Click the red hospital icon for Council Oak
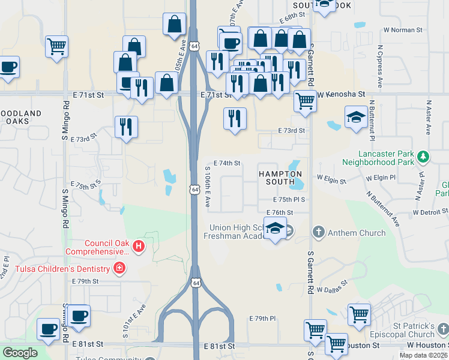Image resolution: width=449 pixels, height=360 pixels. click(x=139, y=246)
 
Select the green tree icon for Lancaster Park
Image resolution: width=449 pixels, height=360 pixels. click(x=424, y=157)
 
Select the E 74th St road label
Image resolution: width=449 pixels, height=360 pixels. click(x=228, y=163)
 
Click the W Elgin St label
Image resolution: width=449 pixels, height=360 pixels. click(x=331, y=179)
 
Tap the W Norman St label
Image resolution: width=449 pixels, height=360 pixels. click(x=403, y=29)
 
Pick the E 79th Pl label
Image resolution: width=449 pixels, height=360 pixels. click(x=262, y=319)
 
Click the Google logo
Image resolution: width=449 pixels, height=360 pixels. click(x=20, y=353)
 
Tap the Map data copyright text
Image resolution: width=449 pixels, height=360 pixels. click(x=424, y=355)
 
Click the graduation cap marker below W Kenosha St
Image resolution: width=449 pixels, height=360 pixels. click(x=356, y=118)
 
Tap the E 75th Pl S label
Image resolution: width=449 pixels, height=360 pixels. click(x=289, y=199)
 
